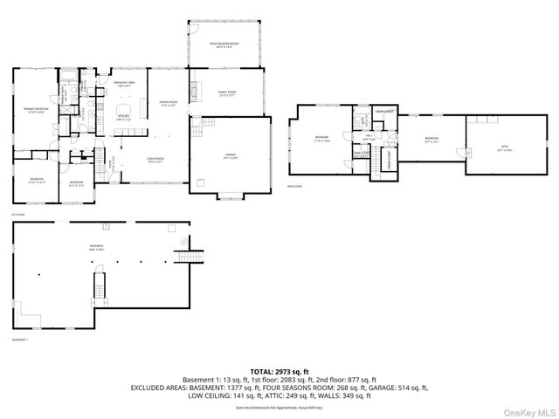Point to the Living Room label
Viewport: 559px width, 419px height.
(x=155, y=160)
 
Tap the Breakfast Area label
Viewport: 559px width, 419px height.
(x=123, y=84)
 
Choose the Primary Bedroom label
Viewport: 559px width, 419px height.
(x=35, y=109)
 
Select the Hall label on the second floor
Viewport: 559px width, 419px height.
(x=369, y=136)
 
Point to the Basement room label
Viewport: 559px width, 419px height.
(x=96, y=248)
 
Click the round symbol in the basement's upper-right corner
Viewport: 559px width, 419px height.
(x=183, y=240)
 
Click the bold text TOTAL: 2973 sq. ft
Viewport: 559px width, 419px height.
(x=279, y=371)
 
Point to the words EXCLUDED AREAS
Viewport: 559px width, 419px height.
(x=161, y=388)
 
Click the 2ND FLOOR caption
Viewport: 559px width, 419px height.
(x=294, y=187)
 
